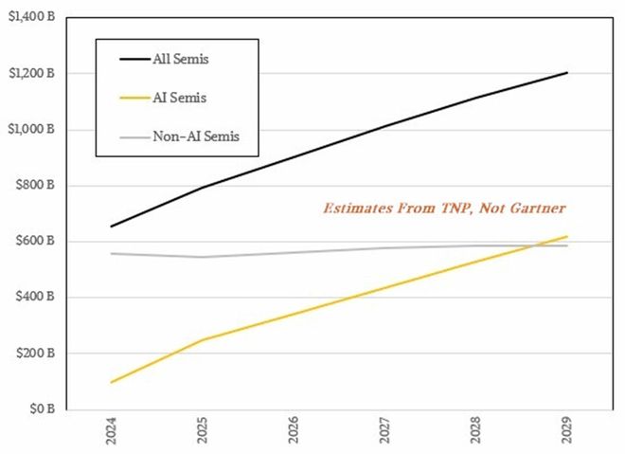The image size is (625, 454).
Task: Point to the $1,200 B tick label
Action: point(30,73)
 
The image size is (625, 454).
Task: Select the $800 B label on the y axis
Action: point(37,186)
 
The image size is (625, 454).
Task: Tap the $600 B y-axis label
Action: point(37,242)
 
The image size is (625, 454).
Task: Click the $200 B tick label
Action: point(37,354)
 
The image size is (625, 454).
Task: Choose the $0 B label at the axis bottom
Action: point(44,409)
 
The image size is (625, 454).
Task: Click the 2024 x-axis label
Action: point(112,431)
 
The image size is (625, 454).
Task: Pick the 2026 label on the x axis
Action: point(294,431)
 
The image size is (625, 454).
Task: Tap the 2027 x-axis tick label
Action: point(384,431)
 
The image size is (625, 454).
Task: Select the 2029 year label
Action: point(565,431)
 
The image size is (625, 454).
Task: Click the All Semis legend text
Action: point(181,60)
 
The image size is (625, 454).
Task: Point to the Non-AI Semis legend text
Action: point(197,136)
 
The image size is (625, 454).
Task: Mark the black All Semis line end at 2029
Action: point(566,73)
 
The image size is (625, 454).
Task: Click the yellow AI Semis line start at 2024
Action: point(112,382)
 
